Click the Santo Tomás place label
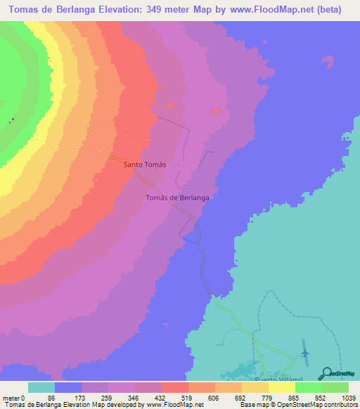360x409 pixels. coord(145,164)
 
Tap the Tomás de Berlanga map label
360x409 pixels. coord(177,198)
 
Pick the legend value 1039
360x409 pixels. coord(349,396)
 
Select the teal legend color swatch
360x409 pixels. coord(41,387)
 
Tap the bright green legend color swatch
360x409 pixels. coord(309,387)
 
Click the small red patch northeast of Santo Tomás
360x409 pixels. coord(217,110)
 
